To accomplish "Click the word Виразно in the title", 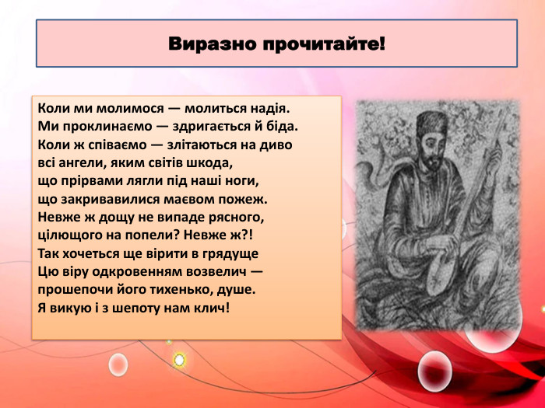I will [x=213, y=43].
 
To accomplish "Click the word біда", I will [x=282, y=126].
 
